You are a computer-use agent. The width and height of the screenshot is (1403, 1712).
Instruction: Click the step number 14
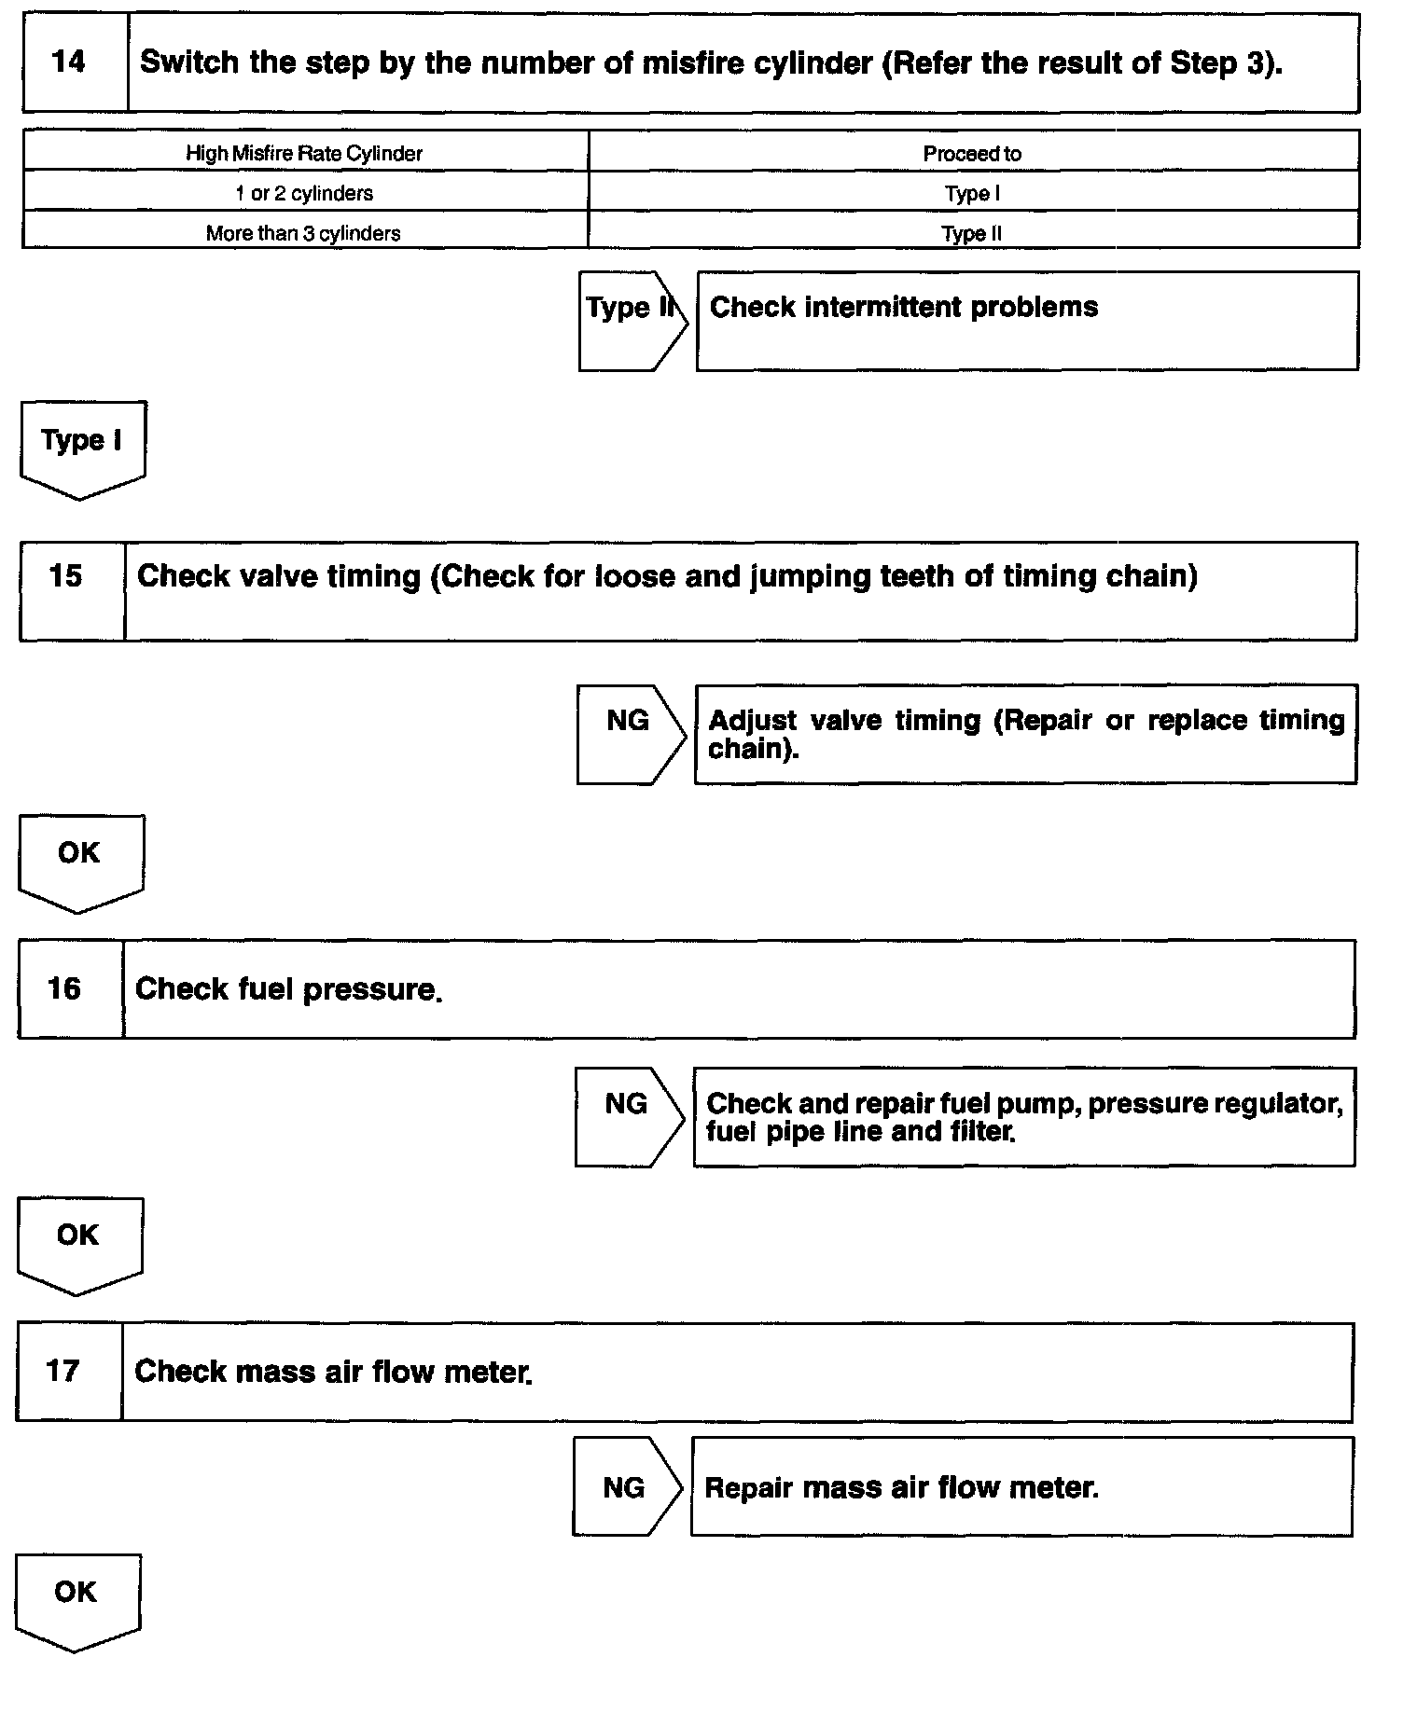[69, 62]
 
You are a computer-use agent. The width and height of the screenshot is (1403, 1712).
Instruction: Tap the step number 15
[65, 576]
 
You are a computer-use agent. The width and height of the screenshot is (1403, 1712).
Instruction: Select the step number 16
[64, 988]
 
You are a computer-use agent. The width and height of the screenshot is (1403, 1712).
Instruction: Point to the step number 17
[63, 1371]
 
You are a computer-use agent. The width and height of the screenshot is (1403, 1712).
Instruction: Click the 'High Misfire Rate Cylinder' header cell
[304, 153]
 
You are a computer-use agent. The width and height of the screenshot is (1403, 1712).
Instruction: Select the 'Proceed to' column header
[972, 154]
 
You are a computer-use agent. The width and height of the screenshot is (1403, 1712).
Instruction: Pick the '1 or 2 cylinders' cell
[304, 193]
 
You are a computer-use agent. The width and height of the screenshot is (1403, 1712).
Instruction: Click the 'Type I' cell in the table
[972, 194]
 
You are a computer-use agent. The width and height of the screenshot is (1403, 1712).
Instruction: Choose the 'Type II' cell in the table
[972, 233]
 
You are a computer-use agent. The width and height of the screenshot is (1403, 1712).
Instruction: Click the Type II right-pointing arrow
[631, 320]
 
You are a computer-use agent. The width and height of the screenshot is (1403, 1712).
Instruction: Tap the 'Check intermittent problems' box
[1026, 320]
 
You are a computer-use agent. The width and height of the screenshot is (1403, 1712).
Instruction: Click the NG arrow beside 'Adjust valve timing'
[629, 734]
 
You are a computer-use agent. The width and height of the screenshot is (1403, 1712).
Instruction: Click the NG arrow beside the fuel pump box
[627, 1116]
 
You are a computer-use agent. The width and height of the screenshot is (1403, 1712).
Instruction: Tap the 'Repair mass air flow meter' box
[1021, 1486]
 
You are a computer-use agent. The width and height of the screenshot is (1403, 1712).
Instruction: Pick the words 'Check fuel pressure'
[287, 989]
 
